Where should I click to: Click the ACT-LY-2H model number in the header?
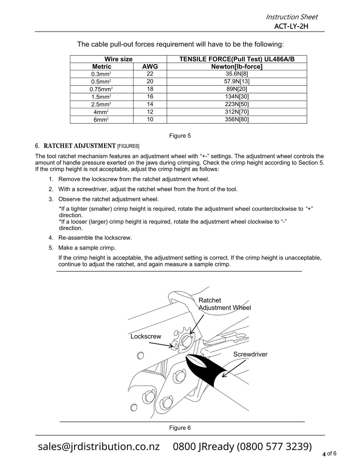(291, 26)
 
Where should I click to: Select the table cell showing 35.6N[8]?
(237, 74)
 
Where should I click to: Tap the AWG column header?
(150, 66)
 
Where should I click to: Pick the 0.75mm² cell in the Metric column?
(101, 89)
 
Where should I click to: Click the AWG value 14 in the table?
(150, 104)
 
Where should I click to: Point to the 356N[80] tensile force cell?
(237, 120)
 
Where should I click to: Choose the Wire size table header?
(118, 59)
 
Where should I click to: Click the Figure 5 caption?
(180, 136)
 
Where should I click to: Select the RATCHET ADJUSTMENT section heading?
(79, 146)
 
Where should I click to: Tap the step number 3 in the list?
(51, 199)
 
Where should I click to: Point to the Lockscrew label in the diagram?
(146, 336)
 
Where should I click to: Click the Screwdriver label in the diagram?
(250, 354)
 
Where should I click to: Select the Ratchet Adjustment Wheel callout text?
(224, 304)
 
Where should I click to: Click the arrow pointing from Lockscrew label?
(160, 344)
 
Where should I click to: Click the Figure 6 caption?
(180, 428)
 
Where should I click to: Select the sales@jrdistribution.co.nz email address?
(99, 446)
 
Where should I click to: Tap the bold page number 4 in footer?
(324, 454)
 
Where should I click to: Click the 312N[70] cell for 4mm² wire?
(237, 112)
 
